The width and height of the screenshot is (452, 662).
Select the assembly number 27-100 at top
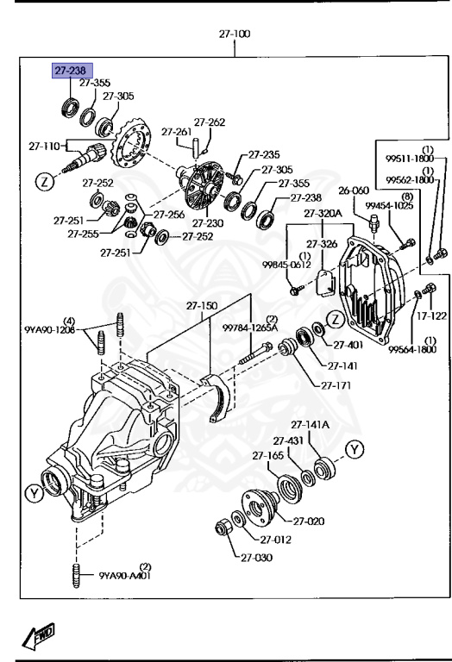[234, 34]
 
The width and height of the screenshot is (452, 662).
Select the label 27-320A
[323, 213]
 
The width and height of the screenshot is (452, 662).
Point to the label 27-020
[310, 521]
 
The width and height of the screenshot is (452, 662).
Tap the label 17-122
[432, 315]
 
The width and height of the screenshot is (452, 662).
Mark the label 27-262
[209, 122]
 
